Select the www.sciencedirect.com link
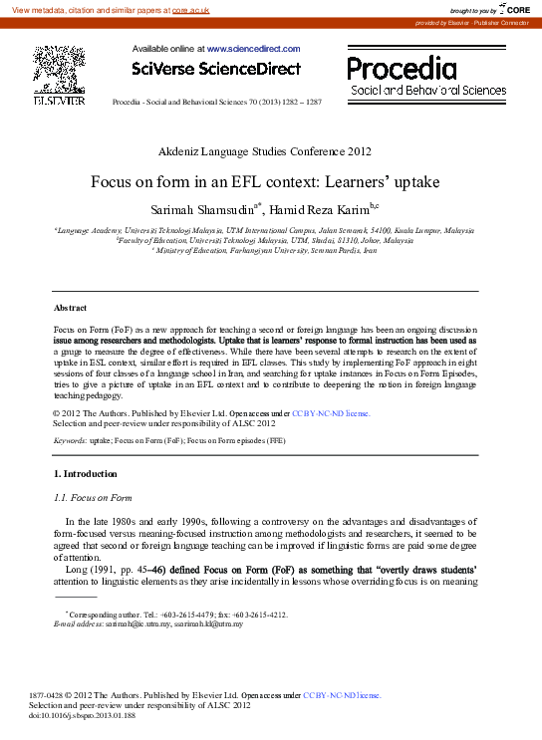pos(253,48)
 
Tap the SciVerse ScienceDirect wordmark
pos(215,69)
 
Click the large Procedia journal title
pos(402,68)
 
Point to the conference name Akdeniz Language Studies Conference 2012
pos(264,152)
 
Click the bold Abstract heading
pos(70,309)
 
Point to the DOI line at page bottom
pos(82,716)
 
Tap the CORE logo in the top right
pos(514,9)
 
